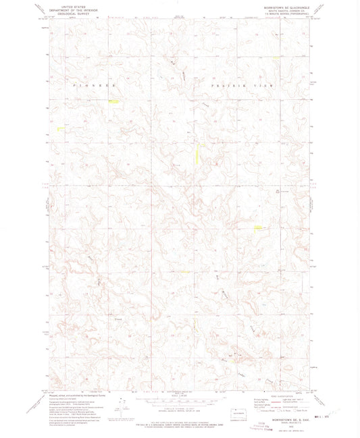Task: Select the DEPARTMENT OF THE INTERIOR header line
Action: point(66,9)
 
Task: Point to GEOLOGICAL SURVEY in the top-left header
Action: point(66,12)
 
